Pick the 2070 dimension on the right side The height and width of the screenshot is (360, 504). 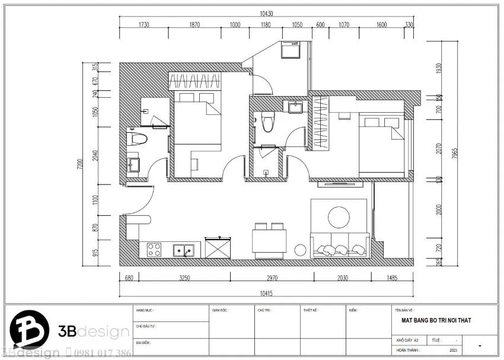click(439, 148)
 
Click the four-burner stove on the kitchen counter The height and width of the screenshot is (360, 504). click(154, 250)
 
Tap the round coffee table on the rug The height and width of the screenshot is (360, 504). click(339, 216)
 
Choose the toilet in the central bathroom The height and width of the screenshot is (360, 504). click(267, 123)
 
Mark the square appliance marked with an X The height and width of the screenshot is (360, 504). click(218, 247)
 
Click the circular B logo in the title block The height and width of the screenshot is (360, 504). click(27, 330)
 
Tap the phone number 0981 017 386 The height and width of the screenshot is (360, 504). click(100, 353)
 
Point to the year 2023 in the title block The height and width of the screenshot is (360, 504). click(454, 350)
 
